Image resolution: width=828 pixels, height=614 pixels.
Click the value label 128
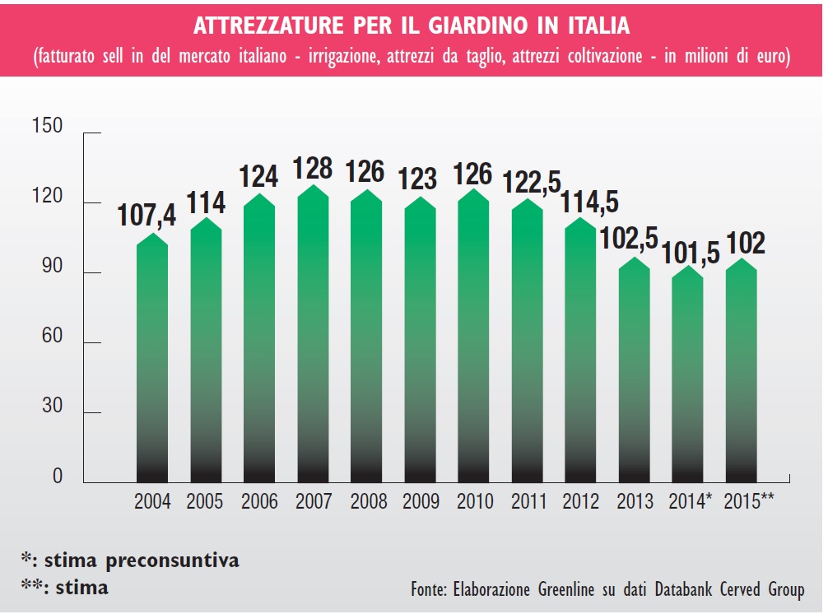tap(313, 168)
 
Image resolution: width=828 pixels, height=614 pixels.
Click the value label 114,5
tap(589, 202)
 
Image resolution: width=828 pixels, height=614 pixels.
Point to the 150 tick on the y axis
tap(47, 127)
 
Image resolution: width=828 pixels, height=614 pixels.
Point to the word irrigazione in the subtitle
tap(341, 58)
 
